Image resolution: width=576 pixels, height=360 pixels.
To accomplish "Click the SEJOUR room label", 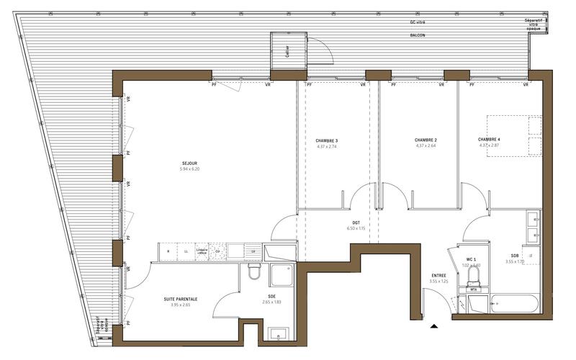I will point(189,163).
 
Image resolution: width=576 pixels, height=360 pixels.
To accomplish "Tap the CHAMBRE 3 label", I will point(327,140).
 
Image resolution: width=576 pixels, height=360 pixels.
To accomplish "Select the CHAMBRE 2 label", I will point(426,140).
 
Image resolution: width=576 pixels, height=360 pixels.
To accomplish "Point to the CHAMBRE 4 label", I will point(490,139).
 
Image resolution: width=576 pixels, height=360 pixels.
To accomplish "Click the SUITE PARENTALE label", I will point(180,299).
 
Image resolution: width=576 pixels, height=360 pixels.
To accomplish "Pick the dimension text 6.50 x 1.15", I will point(356,228).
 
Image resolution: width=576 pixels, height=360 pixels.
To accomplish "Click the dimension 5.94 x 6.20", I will point(189,170).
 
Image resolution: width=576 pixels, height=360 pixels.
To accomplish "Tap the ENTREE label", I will point(438,275).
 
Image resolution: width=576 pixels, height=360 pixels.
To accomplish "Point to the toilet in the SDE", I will point(254,271).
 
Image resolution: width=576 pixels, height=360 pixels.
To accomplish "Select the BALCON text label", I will point(417,35).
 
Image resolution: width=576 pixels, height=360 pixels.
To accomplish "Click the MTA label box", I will point(474,289).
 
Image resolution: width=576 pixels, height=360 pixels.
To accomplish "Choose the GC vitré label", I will point(417,22).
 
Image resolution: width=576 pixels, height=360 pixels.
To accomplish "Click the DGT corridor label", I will point(356,222).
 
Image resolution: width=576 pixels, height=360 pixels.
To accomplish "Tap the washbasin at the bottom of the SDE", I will point(278,333).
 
